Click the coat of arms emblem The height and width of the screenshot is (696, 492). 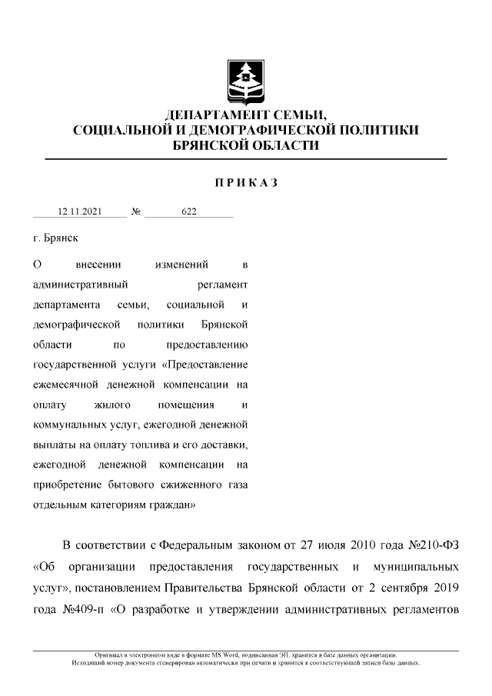[246, 82]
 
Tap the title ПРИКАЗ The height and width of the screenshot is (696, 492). [246, 183]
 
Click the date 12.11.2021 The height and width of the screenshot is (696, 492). [81, 211]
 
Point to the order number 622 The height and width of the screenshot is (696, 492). [189, 211]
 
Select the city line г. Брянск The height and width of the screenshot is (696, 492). [56, 239]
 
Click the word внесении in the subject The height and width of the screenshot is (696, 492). [98, 265]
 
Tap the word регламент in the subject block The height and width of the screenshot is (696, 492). [222, 285]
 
